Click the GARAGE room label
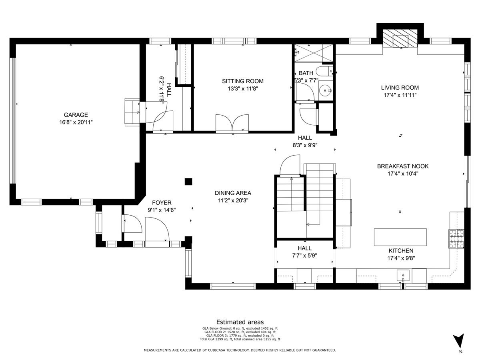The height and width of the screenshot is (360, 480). coord(76,115)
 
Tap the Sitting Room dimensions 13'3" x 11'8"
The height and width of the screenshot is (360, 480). coord(243,89)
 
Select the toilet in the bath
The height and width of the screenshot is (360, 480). coord(324,71)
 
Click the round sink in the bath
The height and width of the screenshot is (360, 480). coord(325,90)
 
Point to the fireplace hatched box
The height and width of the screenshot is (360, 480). coord(400,41)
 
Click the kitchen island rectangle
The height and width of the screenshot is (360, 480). coord(400,237)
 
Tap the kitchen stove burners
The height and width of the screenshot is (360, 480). coord(456,239)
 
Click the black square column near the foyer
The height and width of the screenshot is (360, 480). coord(188,182)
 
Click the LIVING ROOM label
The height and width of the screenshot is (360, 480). coord(400,88)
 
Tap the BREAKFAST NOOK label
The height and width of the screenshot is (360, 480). coord(403,166)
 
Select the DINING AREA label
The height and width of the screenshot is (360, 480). coord(233,193)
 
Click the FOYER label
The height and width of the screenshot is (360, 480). coord(162,203)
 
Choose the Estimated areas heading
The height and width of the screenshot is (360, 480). coord(240,322)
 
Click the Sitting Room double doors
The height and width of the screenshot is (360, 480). coord(232,123)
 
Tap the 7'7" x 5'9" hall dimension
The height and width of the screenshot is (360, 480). coord(305,256)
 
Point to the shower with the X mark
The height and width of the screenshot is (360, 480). coord(314,53)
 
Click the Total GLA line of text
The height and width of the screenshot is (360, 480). coord(240,339)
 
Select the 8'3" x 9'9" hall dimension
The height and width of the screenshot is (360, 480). coord(305,145)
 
